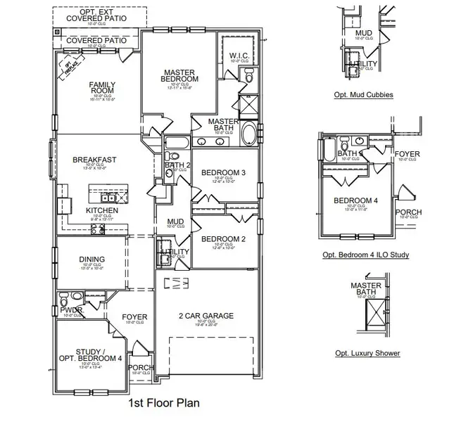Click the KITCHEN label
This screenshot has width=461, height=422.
[x=102, y=210]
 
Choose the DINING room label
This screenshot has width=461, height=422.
[x=92, y=260]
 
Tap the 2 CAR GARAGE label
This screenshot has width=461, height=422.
[x=206, y=316]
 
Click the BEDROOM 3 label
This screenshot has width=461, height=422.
[x=223, y=172]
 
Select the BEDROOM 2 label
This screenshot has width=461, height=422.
[x=223, y=239]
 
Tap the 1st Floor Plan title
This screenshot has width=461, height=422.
[x=163, y=404]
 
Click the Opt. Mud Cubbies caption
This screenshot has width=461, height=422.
[x=363, y=94]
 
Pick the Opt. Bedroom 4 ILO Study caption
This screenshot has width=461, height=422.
[x=365, y=255]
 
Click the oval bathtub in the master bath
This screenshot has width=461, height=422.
[x=249, y=134]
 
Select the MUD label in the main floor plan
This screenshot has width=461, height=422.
[x=175, y=222]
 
